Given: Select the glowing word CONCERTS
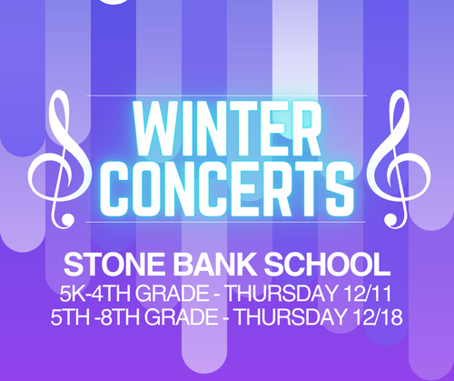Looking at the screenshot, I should pos(227,185).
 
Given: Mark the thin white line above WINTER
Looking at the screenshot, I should pos(227,95).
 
